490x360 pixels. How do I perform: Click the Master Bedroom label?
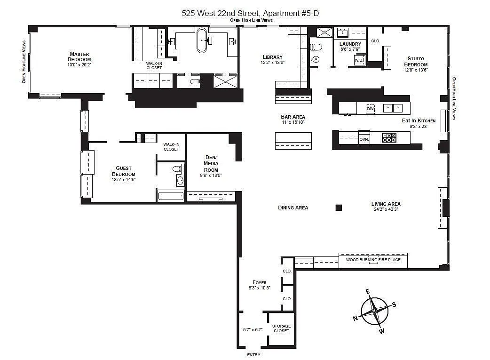pyautogui.click(x=79, y=56)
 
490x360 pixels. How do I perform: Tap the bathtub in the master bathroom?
pyautogui.click(x=202, y=40)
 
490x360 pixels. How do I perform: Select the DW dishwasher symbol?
pyautogui.click(x=370, y=109)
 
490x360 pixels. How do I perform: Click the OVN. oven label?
pyautogui.click(x=364, y=139)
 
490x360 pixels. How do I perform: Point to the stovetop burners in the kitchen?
pyautogui.click(x=389, y=137)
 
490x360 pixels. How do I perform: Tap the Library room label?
pyautogui.click(x=272, y=57)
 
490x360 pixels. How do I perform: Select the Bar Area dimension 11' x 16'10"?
pyautogui.click(x=293, y=122)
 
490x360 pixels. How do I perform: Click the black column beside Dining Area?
pyautogui.click(x=339, y=208)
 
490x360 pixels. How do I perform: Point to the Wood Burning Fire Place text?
pyautogui.click(x=373, y=260)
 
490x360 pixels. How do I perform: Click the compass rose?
pyautogui.click(x=375, y=311)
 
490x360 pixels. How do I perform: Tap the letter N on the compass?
pyautogui.click(x=356, y=319)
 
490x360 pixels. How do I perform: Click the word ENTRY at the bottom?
pyautogui.click(x=253, y=355)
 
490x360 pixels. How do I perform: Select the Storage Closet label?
pyautogui.click(x=281, y=328)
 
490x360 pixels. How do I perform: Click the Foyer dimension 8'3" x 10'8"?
pyautogui.click(x=260, y=288)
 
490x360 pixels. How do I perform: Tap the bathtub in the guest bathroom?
pyautogui.click(x=171, y=196)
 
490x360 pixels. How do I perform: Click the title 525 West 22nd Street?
pyautogui.click(x=221, y=13)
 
